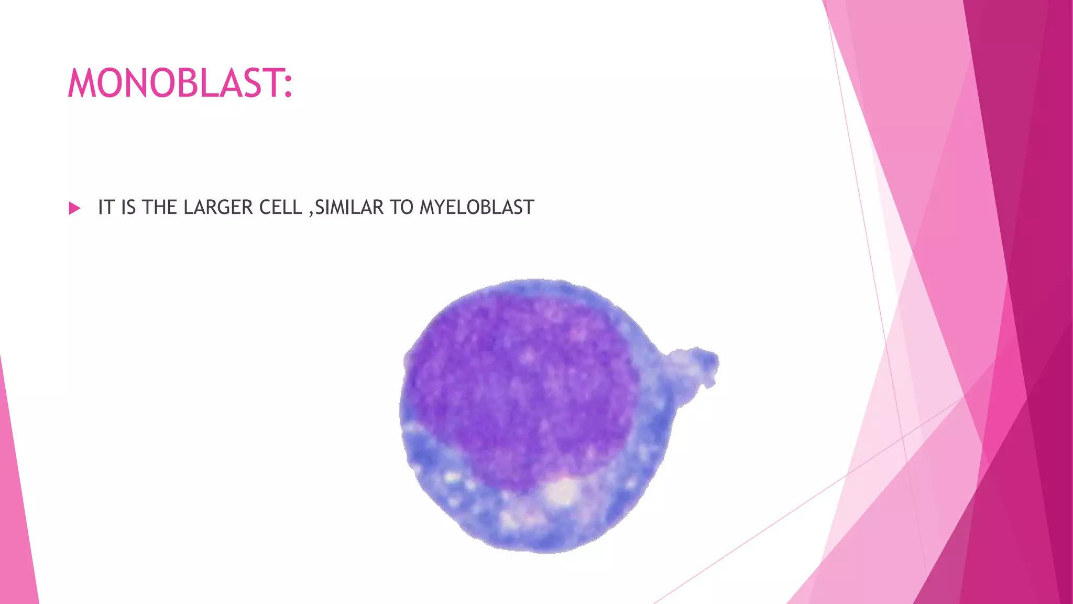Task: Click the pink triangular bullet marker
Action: point(74,208)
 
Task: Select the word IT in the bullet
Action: point(106,208)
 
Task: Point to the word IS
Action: point(128,208)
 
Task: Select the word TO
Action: point(401,208)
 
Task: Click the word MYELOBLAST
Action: point(477,208)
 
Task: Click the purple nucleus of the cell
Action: point(519,388)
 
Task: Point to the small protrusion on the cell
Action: point(694,364)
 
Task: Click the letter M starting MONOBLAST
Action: point(81,83)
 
